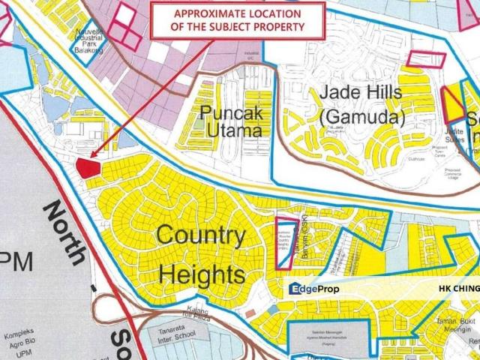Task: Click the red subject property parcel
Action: (88, 167)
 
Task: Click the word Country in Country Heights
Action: (200, 238)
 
